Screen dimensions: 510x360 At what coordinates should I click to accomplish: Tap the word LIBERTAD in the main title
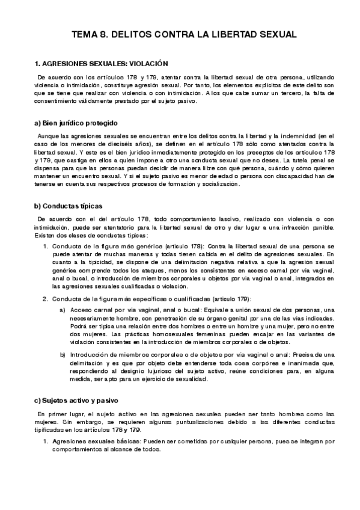click(226, 35)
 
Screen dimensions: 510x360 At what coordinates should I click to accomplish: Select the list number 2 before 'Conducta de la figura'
click(45, 299)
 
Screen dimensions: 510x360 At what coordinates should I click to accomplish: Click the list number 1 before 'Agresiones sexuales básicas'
click(45, 441)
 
